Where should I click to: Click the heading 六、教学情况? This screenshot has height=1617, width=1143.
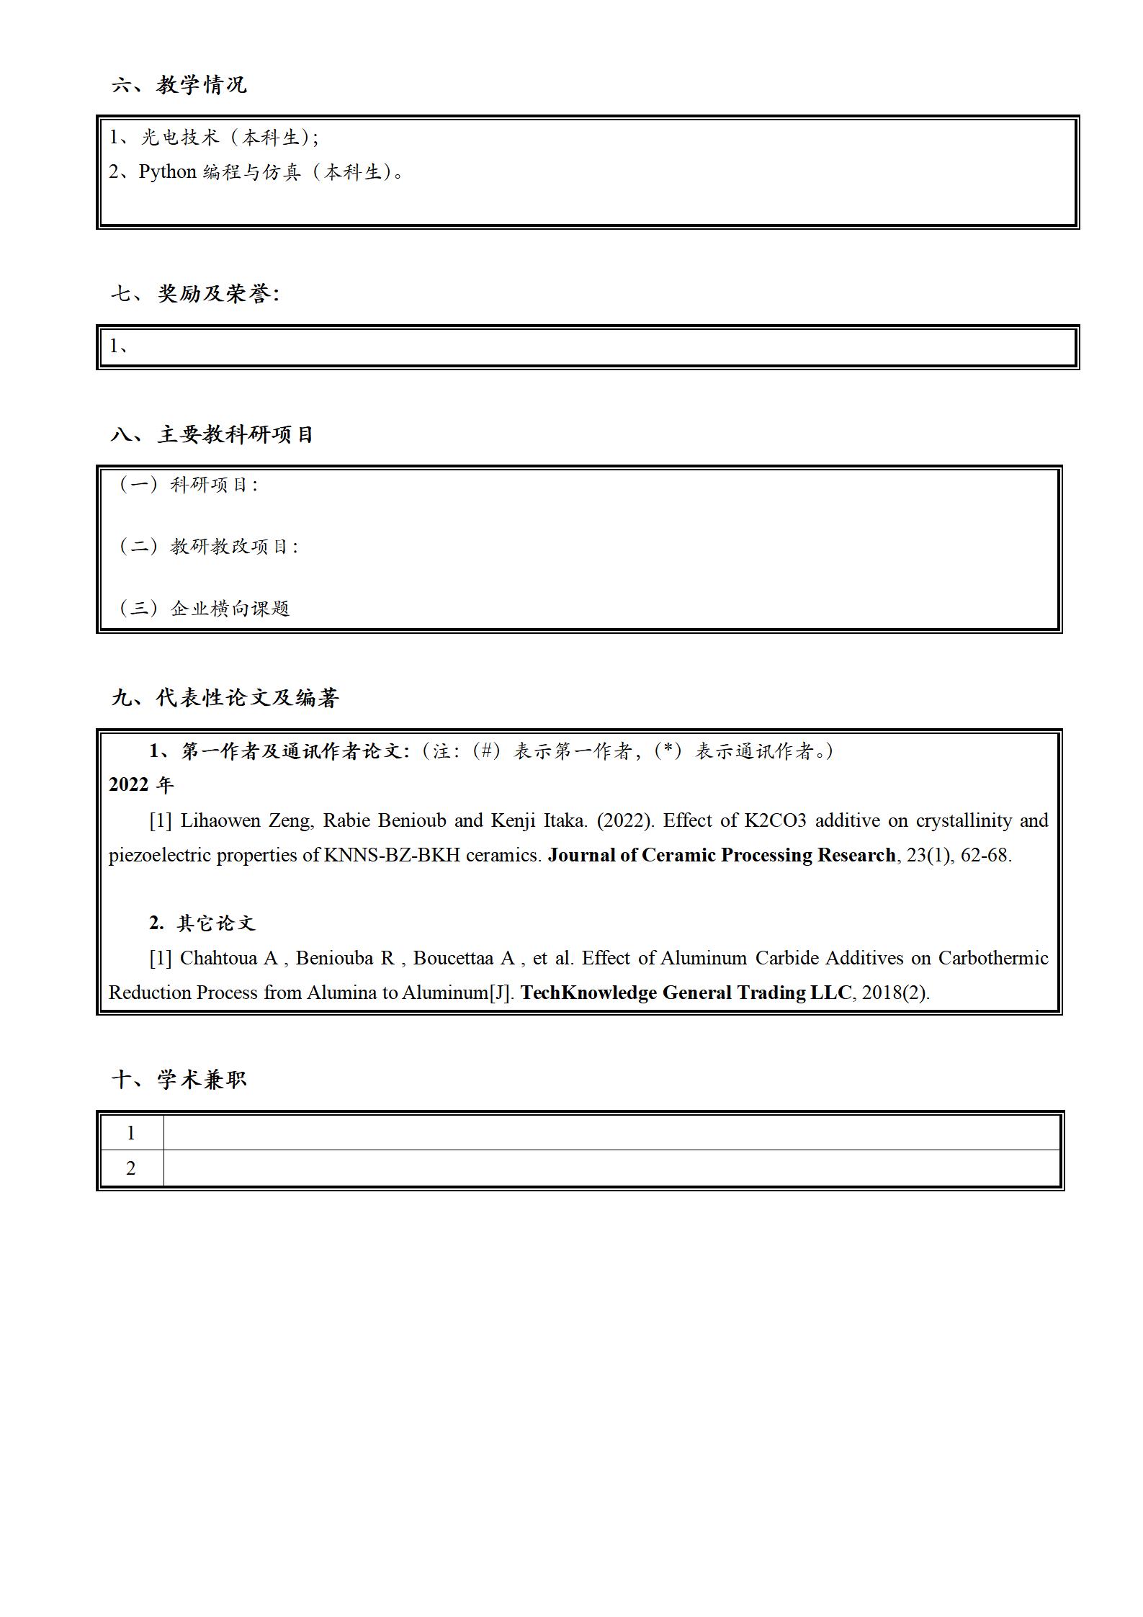click(179, 85)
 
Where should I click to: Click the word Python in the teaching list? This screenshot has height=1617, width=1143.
click(167, 172)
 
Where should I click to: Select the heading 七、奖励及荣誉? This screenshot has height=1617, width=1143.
click(194, 294)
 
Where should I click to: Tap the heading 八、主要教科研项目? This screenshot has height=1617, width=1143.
click(212, 434)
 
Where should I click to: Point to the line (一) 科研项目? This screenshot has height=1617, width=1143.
click(187, 485)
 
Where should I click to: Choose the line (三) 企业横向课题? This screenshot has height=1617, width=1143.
click(203, 609)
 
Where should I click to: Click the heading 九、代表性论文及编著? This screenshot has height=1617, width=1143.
click(225, 698)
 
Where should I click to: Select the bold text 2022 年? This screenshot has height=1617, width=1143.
click(141, 785)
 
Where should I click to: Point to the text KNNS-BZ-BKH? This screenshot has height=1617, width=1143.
click(392, 856)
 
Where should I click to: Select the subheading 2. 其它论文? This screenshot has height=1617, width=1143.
click(202, 923)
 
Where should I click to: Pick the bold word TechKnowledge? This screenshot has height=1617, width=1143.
click(588, 993)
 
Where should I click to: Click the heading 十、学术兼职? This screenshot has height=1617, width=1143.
click(179, 1079)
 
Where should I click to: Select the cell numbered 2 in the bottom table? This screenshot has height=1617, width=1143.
click(131, 1168)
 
